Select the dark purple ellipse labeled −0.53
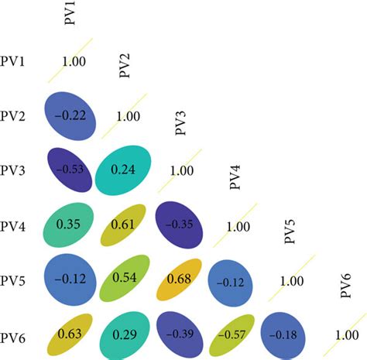(70, 170)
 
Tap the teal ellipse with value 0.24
(124, 170)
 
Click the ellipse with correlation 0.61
(124, 225)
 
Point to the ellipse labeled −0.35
(179, 225)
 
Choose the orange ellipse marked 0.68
(179, 279)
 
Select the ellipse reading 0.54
(124, 279)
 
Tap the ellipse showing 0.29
(124, 334)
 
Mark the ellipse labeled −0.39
(179, 334)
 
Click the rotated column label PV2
(125, 67)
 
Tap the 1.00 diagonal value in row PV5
(291, 281)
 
